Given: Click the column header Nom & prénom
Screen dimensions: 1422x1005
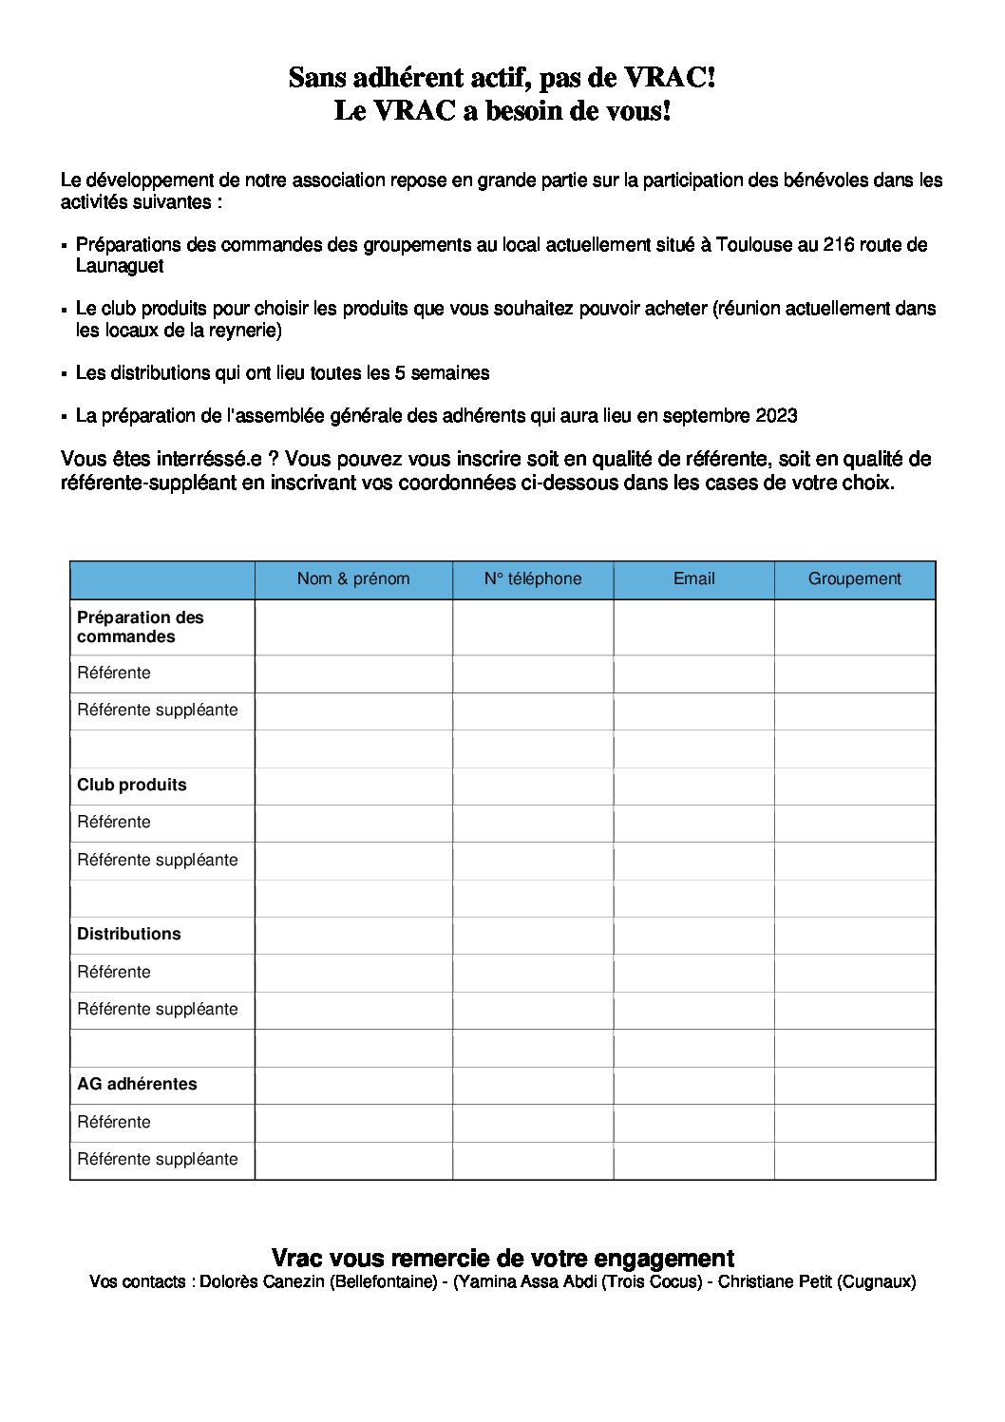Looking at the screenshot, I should pyautogui.click(x=353, y=578).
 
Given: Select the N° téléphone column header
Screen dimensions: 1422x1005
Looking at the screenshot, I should pyautogui.click(x=533, y=578).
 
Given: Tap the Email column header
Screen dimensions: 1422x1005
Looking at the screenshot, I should pyautogui.click(x=693, y=578).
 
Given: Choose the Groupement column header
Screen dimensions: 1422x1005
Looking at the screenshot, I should pyautogui.click(x=854, y=578).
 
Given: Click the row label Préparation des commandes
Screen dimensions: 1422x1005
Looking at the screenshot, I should pyautogui.click(x=141, y=627).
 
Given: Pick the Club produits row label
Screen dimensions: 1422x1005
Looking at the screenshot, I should pyautogui.click(x=132, y=785).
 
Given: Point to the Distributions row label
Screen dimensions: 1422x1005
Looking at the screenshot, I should pyautogui.click(x=129, y=934).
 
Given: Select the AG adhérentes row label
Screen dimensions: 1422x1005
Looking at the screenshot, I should pyautogui.click(x=138, y=1084).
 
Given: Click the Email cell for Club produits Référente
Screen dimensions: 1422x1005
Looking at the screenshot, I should pyautogui.click(x=693, y=823).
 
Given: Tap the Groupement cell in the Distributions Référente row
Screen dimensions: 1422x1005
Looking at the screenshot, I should pyautogui.click(x=854, y=973).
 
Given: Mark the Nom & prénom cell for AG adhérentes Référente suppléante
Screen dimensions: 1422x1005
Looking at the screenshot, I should pyautogui.click(x=353, y=1160).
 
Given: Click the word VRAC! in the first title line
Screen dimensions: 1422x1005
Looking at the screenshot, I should pyautogui.click(x=670, y=78).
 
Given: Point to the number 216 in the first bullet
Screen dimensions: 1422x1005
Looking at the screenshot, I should pyautogui.click(x=839, y=245).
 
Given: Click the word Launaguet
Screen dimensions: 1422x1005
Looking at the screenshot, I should pyautogui.click(x=120, y=267).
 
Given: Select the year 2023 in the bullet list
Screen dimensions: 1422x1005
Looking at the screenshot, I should pyautogui.click(x=776, y=416).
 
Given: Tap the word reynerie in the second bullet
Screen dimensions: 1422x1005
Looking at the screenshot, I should pyautogui.click(x=242, y=331).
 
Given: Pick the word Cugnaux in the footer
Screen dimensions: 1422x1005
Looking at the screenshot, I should pyautogui.click(x=877, y=1282).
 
